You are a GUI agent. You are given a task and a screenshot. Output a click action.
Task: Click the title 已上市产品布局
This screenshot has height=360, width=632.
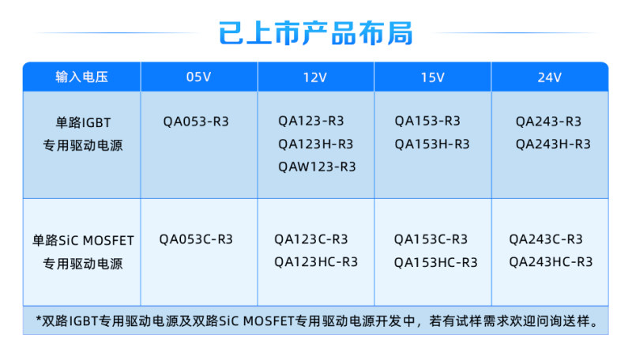315,32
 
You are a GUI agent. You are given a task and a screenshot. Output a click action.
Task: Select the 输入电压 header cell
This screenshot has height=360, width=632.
82,77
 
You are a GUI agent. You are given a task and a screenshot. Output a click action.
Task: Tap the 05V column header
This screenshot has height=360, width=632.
199,77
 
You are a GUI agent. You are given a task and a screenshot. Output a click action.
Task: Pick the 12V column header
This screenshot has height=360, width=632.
315,77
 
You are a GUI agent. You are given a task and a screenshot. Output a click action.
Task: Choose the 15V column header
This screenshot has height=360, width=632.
432,77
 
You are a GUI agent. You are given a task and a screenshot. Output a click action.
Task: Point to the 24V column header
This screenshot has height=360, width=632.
549,77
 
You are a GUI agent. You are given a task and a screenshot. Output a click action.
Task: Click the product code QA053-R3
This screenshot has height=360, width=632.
196,122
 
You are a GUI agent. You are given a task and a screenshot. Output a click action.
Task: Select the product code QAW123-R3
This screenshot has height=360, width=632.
317,167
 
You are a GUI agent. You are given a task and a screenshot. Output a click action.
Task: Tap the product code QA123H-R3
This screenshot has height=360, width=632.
315,144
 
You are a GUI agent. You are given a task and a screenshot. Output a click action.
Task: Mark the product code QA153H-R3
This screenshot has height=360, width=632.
432,144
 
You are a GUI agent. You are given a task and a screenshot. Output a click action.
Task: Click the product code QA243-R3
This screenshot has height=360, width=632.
548,122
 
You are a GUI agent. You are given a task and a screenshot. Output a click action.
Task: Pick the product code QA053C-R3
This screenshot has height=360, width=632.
196,239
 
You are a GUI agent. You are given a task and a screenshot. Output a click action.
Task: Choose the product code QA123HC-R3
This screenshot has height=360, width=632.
316,262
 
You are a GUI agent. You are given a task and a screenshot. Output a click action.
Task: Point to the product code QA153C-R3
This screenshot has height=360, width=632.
431,239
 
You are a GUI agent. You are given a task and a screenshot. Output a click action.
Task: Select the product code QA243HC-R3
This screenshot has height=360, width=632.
551,262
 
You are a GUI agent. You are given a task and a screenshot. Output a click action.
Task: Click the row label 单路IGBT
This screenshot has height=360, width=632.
83,122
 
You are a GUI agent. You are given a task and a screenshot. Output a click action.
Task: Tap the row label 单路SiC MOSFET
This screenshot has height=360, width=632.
83,241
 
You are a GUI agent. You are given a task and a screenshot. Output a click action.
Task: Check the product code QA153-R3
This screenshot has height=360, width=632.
427,121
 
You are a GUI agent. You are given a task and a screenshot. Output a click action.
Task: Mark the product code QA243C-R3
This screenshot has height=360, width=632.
546,239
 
